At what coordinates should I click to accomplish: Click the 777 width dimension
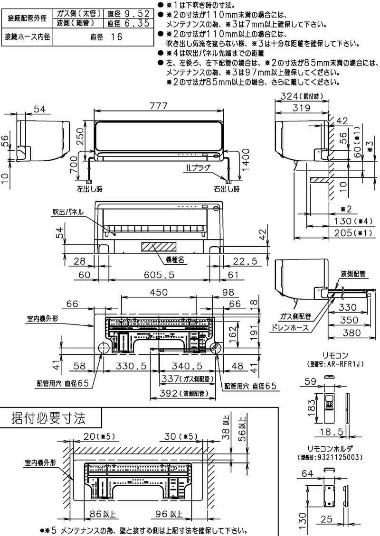click(159, 107)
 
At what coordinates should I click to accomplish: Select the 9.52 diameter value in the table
click(136, 14)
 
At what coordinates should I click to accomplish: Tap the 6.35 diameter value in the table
click(136, 23)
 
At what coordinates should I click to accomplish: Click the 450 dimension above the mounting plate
click(159, 292)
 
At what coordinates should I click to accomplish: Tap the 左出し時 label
click(89, 189)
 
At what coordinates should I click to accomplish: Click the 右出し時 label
click(226, 189)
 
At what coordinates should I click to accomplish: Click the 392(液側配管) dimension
click(182, 393)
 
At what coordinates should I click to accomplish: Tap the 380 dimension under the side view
click(352, 333)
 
